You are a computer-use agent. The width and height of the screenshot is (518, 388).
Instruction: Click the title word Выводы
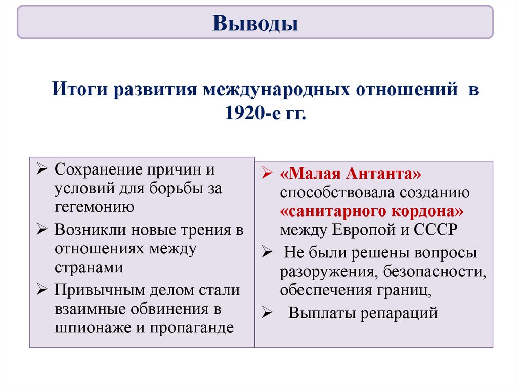tap(255, 23)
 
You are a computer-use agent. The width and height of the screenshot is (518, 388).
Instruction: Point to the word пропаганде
tap(192, 327)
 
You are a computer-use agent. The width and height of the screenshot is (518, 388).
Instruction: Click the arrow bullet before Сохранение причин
tap(42, 169)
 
